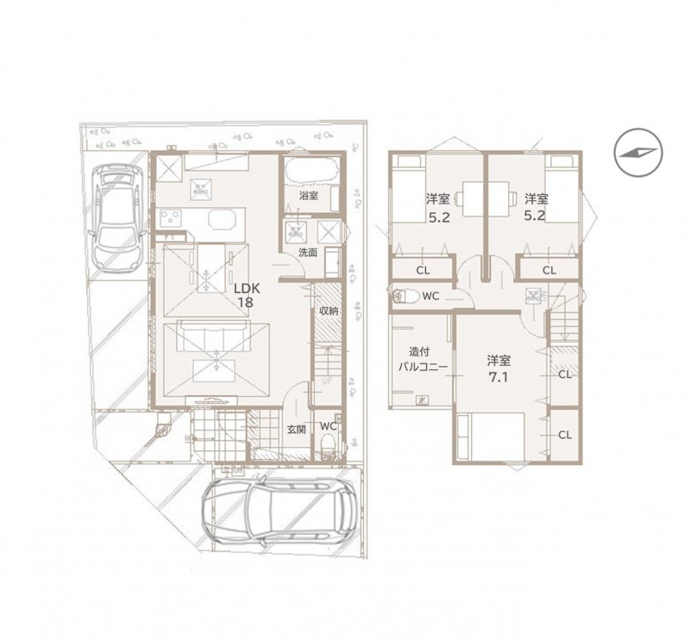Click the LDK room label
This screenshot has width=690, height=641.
(247, 289)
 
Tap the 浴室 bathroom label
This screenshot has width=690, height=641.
(309, 196)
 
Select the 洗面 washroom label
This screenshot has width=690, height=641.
(308, 253)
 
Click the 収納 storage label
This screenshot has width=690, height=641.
(329, 311)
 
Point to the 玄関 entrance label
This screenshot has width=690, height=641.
(297, 430)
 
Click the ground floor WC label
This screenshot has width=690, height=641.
(329, 426)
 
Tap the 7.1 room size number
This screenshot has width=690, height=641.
(499, 378)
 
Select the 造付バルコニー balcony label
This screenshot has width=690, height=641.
(423, 359)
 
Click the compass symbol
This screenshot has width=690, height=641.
(638, 153)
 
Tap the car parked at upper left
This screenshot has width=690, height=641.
(116, 217)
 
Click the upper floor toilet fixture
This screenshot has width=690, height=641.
(406, 296)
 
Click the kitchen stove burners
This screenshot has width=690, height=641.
(170, 218)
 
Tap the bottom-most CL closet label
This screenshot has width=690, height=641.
(565, 435)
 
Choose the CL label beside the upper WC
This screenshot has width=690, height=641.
(423, 270)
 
